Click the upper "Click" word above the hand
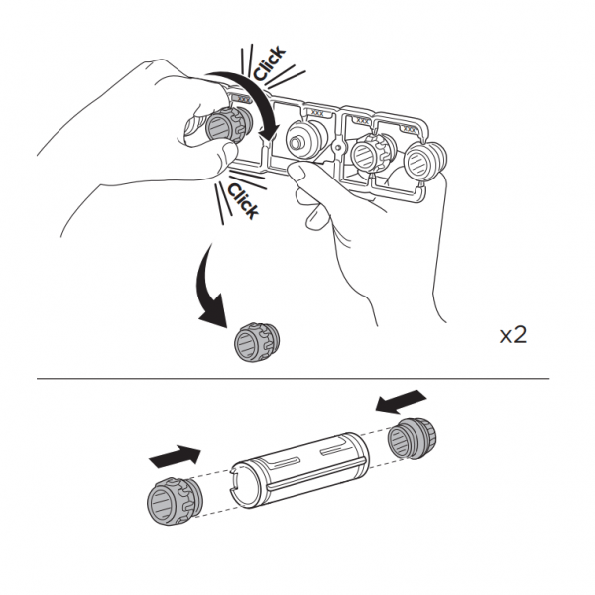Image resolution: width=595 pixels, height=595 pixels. (269, 62)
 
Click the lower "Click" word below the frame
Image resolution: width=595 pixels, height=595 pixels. (243, 200)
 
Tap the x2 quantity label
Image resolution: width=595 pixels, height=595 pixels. (513, 335)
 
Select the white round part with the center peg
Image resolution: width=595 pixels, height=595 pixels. (305, 138)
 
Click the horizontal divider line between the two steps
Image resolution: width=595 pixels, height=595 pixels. (293, 379)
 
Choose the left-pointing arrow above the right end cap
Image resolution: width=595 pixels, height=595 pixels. (401, 402)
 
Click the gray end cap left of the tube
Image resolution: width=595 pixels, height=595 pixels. (175, 501)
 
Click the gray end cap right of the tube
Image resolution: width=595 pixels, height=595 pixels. (412, 438)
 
